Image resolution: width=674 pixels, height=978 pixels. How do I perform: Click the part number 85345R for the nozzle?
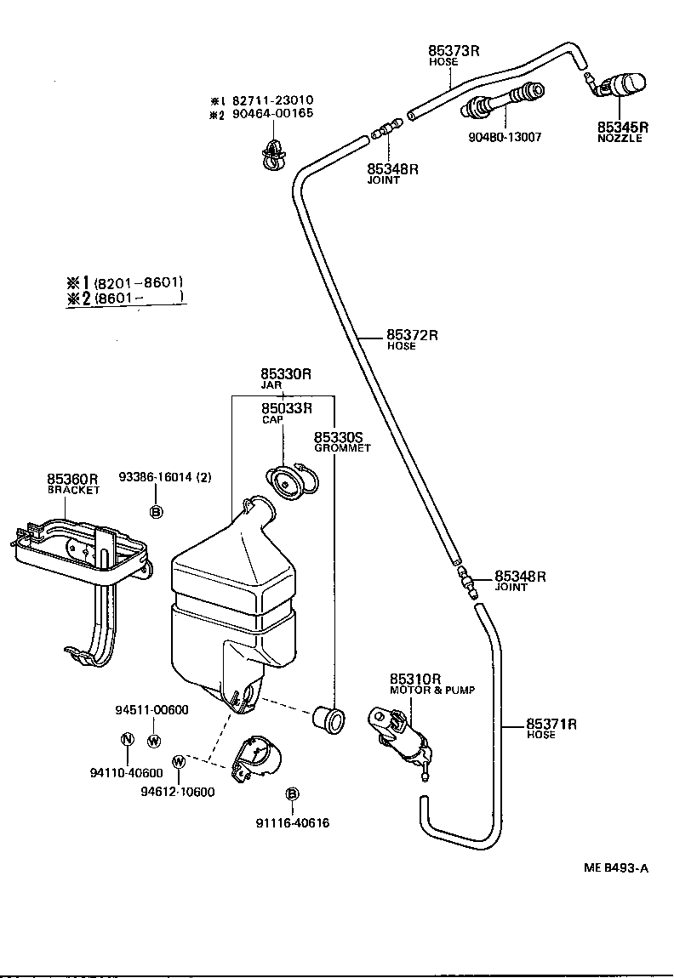[622, 127]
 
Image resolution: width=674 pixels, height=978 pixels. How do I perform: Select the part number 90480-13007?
[505, 137]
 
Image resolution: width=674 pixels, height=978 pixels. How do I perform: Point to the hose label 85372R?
[412, 334]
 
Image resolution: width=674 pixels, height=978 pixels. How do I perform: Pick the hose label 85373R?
[454, 50]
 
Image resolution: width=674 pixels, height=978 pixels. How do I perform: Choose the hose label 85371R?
[551, 724]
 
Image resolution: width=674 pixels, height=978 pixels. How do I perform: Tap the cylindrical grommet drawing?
[328, 718]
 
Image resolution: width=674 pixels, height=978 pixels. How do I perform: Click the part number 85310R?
[415, 679]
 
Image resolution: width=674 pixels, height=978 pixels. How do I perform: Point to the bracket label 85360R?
[72, 479]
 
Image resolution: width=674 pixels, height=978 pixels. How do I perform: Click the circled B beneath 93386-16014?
[156, 511]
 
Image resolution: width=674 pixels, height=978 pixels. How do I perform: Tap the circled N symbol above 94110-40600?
[127, 739]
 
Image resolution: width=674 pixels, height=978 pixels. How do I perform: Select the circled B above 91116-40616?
[291, 793]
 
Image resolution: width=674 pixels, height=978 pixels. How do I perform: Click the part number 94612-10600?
[178, 793]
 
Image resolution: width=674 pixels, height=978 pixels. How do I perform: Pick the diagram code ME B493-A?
[616, 867]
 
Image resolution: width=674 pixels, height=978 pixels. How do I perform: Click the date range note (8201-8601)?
[139, 282]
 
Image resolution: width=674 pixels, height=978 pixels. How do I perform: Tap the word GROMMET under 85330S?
[342, 448]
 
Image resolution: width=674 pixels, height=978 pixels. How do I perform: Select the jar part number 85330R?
[286, 373]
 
